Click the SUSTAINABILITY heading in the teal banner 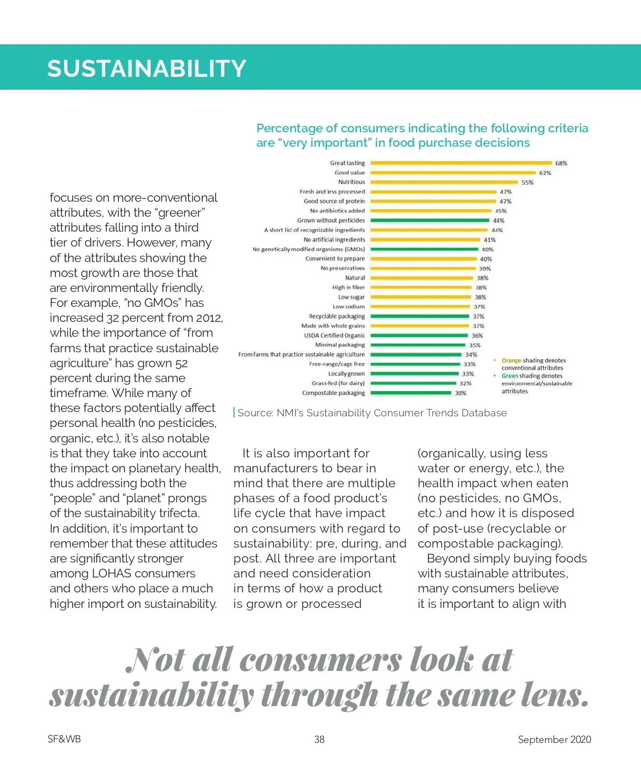pyautogui.click(x=146, y=68)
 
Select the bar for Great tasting pyautogui.click(x=461, y=163)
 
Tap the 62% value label pyautogui.click(x=545, y=173)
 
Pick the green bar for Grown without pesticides pyautogui.click(x=429, y=220)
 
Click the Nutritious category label pyautogui.click(x=351, y=182)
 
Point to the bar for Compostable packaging pyautogui.click(x=410, y=393)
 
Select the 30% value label pyautogui.click(x=460, y=393)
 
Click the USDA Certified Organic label pyautogui.click(x=334, y=336)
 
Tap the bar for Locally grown pyautogui.click(x=415, y=374)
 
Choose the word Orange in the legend pyautogui.click(x=511, y=360)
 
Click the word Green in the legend pyautogui.click(x=510, y=376)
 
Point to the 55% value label pyautogui.click(x=527, y=183)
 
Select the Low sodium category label pyautogui.click(x=349, y=307)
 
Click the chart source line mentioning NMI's pyautogui.click(x=372, y=413)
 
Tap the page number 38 pyautogui.click(x=319, y=739)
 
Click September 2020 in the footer pyautogui.click(x=554, y=739)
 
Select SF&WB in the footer pyautogui.click(x=64, y=739)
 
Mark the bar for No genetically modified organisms pyautogui.click(x=424, y=249)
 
